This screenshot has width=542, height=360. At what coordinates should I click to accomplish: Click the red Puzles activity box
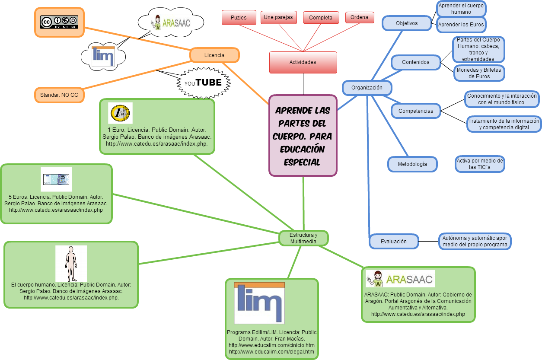point(239,18)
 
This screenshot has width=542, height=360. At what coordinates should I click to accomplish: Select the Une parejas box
point(278,18)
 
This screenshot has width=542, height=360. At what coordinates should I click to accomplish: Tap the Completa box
point(321,18)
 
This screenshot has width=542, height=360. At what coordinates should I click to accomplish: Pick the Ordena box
point(360,17)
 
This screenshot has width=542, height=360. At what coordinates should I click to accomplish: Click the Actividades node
point(303,62)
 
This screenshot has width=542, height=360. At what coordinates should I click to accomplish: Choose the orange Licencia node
point(214,55)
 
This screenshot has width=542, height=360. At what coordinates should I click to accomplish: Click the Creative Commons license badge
point(59,22)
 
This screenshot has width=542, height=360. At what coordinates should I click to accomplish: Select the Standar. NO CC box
point(59,95)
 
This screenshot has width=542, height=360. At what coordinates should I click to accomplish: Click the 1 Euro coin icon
point(120,114)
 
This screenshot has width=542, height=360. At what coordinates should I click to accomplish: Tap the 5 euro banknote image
point(56,179)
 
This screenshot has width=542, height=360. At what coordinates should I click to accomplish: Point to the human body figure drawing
point(71,264)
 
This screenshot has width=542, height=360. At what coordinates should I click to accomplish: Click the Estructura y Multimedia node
point(303,238)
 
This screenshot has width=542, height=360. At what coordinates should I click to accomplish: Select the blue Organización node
point(367,88)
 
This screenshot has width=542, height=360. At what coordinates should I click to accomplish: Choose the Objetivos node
point(407,23)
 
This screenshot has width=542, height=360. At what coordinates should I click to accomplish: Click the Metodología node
point(412,164)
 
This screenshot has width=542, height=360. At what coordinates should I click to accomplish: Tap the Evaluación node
point(393,242)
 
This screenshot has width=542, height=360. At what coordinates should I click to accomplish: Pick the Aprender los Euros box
point(461,25)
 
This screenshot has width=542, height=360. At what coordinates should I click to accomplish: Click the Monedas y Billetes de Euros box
point(479,73)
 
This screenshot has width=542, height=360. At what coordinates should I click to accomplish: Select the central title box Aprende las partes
point(303,136)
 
